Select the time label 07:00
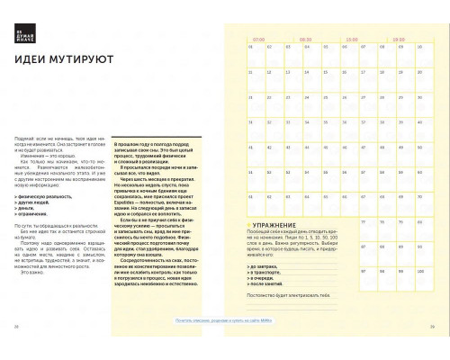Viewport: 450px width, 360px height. [259, 40]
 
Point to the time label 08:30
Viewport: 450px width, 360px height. [306, 40]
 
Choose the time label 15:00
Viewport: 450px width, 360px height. [352, 40]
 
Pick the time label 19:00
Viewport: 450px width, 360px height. [397, 40]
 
